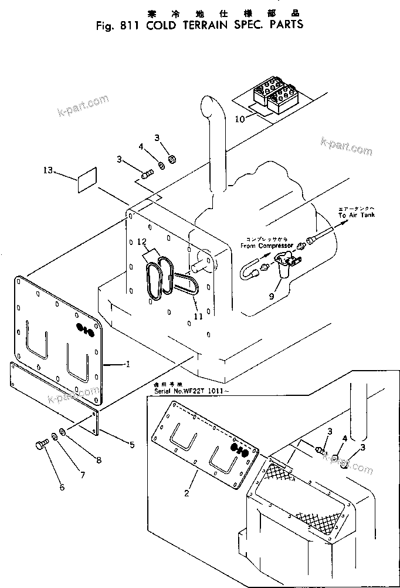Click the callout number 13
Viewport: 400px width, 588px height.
tap(48, 170)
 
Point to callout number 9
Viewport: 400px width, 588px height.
tap(271, 297)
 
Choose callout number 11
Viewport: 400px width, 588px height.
tap(198, 316)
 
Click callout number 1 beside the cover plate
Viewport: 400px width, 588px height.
tap(127, 364)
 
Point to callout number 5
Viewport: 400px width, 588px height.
tap(132, 445)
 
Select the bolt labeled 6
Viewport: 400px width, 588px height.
tap(42, 445)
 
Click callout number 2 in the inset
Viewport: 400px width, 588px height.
tap(186, 493)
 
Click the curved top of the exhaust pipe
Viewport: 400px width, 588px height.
tap(209, 106)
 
